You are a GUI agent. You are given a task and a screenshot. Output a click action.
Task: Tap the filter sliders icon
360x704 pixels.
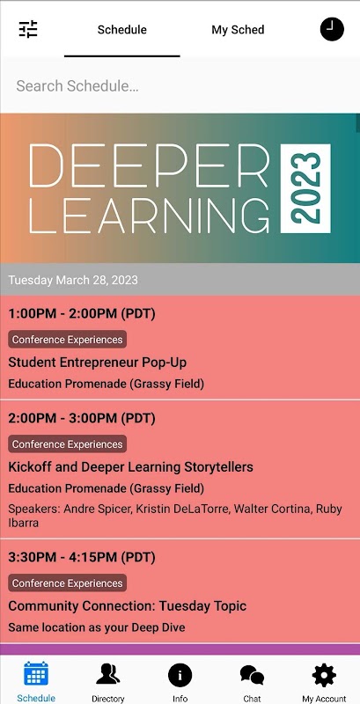pyautogui.click(x=28, y=30)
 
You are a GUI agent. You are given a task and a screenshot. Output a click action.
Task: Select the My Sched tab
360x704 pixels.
pyautogui.click(x=238, y=30)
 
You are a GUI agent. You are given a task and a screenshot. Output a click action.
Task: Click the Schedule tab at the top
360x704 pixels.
pyautogui.click(x=122, y=30)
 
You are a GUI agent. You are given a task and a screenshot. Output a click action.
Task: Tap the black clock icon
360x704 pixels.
pyautogui.click(x=332, y=29)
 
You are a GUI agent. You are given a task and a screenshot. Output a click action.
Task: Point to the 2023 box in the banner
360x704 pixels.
pyautogui.click(x=305, y=188)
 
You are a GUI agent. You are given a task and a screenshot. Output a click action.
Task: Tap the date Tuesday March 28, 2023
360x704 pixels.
pyautogui.click(x=73, y=280)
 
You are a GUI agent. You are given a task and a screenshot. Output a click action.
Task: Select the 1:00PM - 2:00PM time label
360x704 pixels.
pyautogui.click(x=82, y=314)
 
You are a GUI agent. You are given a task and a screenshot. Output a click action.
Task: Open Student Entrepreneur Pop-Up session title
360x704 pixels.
pyautogui.click(x=98, y=363)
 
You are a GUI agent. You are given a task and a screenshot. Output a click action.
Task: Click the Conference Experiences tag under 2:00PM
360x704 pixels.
pyautogui.click(x=67, y=444)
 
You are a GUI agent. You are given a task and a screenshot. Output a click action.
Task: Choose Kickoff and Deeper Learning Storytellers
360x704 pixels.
pyautogui.click(x=130, y=467)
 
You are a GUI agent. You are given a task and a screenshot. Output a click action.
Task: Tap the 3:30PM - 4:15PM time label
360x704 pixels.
pyautogui.click(x=82, y=558)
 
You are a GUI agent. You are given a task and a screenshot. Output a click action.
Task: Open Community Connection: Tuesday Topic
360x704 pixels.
pyautogui.click(x=128, y=606)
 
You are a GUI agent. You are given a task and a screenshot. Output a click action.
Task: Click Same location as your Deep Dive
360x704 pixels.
pyautogui.click(x=97, y=627)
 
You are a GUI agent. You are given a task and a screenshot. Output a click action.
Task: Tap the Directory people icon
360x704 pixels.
pyautogui.click(x=107, y=675)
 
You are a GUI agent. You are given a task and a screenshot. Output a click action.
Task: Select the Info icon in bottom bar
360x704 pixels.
pyautogui.click(x=180, y=675)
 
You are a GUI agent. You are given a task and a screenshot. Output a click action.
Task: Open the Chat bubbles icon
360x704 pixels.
pyautogui.click(x=252, y=675)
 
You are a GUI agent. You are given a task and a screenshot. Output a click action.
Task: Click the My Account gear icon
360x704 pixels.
pyautogui.click(x=324, y=675)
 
